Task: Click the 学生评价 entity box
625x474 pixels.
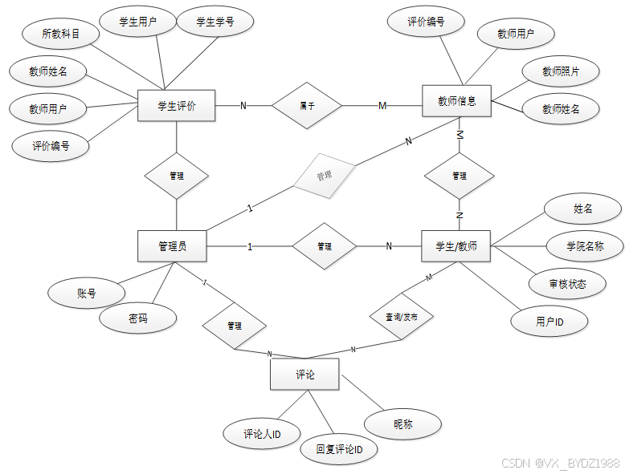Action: point(177,105)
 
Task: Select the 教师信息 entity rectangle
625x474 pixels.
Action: point(456,102)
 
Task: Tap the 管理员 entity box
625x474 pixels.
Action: point(172,246)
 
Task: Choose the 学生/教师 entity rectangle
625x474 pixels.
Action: point(455,246)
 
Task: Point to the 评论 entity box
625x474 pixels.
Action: point(304,375)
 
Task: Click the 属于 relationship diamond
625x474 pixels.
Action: point(307,105)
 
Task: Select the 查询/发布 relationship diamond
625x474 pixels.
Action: point(401,317)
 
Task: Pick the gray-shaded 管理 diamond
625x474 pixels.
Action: point(324,175)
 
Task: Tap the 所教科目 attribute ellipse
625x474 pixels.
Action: point(60,34)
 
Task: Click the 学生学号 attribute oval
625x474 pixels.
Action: point(215,22)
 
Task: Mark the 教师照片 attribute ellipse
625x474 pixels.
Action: point(560,71)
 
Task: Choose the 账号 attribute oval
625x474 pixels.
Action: point(87,294)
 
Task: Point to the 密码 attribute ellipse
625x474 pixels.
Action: point(138,318)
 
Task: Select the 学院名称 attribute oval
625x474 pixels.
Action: point(585,247)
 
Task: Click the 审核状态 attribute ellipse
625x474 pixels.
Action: point(567,284)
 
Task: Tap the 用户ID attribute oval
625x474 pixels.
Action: point(549,322)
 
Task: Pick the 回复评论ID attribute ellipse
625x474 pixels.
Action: point(339,450)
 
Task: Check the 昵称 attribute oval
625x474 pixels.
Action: point(402,424)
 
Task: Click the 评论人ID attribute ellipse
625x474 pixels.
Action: point(262,434)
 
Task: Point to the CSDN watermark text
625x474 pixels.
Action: point(560,464)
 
